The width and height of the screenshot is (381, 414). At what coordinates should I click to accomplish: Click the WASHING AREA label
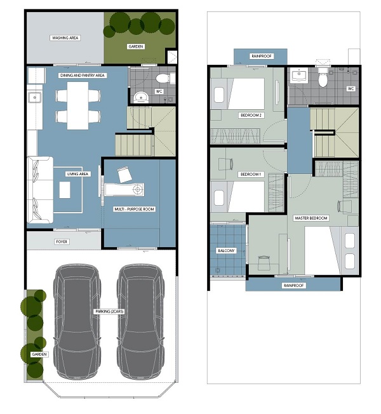pos(65,37)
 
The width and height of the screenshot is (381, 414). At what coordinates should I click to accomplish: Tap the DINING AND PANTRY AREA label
pos(83,76)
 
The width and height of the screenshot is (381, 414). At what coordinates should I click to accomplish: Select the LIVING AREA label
pos(77,174)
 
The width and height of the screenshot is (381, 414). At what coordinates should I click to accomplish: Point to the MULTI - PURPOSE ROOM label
pos(134,209)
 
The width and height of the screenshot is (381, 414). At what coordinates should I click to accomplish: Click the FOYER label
pos(62,241)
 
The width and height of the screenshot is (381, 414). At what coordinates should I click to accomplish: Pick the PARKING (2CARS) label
pos(109,312)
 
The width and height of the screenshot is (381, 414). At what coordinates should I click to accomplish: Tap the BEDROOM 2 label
pos(251,115)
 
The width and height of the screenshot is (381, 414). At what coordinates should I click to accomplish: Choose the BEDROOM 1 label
pos(251,174)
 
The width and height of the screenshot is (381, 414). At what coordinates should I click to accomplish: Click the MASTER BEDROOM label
pos(311,218)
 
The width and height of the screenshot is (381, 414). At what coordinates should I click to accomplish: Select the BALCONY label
pos(226,251)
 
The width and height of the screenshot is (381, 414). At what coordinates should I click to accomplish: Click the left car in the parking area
pos(77,321)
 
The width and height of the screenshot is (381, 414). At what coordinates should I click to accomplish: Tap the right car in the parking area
pos(141,321)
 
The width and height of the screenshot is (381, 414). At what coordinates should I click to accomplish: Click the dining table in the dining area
pos(77,105)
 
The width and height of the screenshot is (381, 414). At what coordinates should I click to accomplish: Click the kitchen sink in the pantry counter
pos(34,97)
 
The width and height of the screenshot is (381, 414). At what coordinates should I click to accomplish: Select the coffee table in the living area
pos(65,190)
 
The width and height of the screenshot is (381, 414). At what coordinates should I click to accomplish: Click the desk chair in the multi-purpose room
pos(124,175)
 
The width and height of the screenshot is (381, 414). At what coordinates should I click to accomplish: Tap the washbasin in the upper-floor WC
pos(299,76)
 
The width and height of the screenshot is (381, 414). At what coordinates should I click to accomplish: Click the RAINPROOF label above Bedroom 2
pos(262,56)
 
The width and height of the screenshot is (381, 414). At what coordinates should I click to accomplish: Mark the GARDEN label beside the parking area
pos(39,354)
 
